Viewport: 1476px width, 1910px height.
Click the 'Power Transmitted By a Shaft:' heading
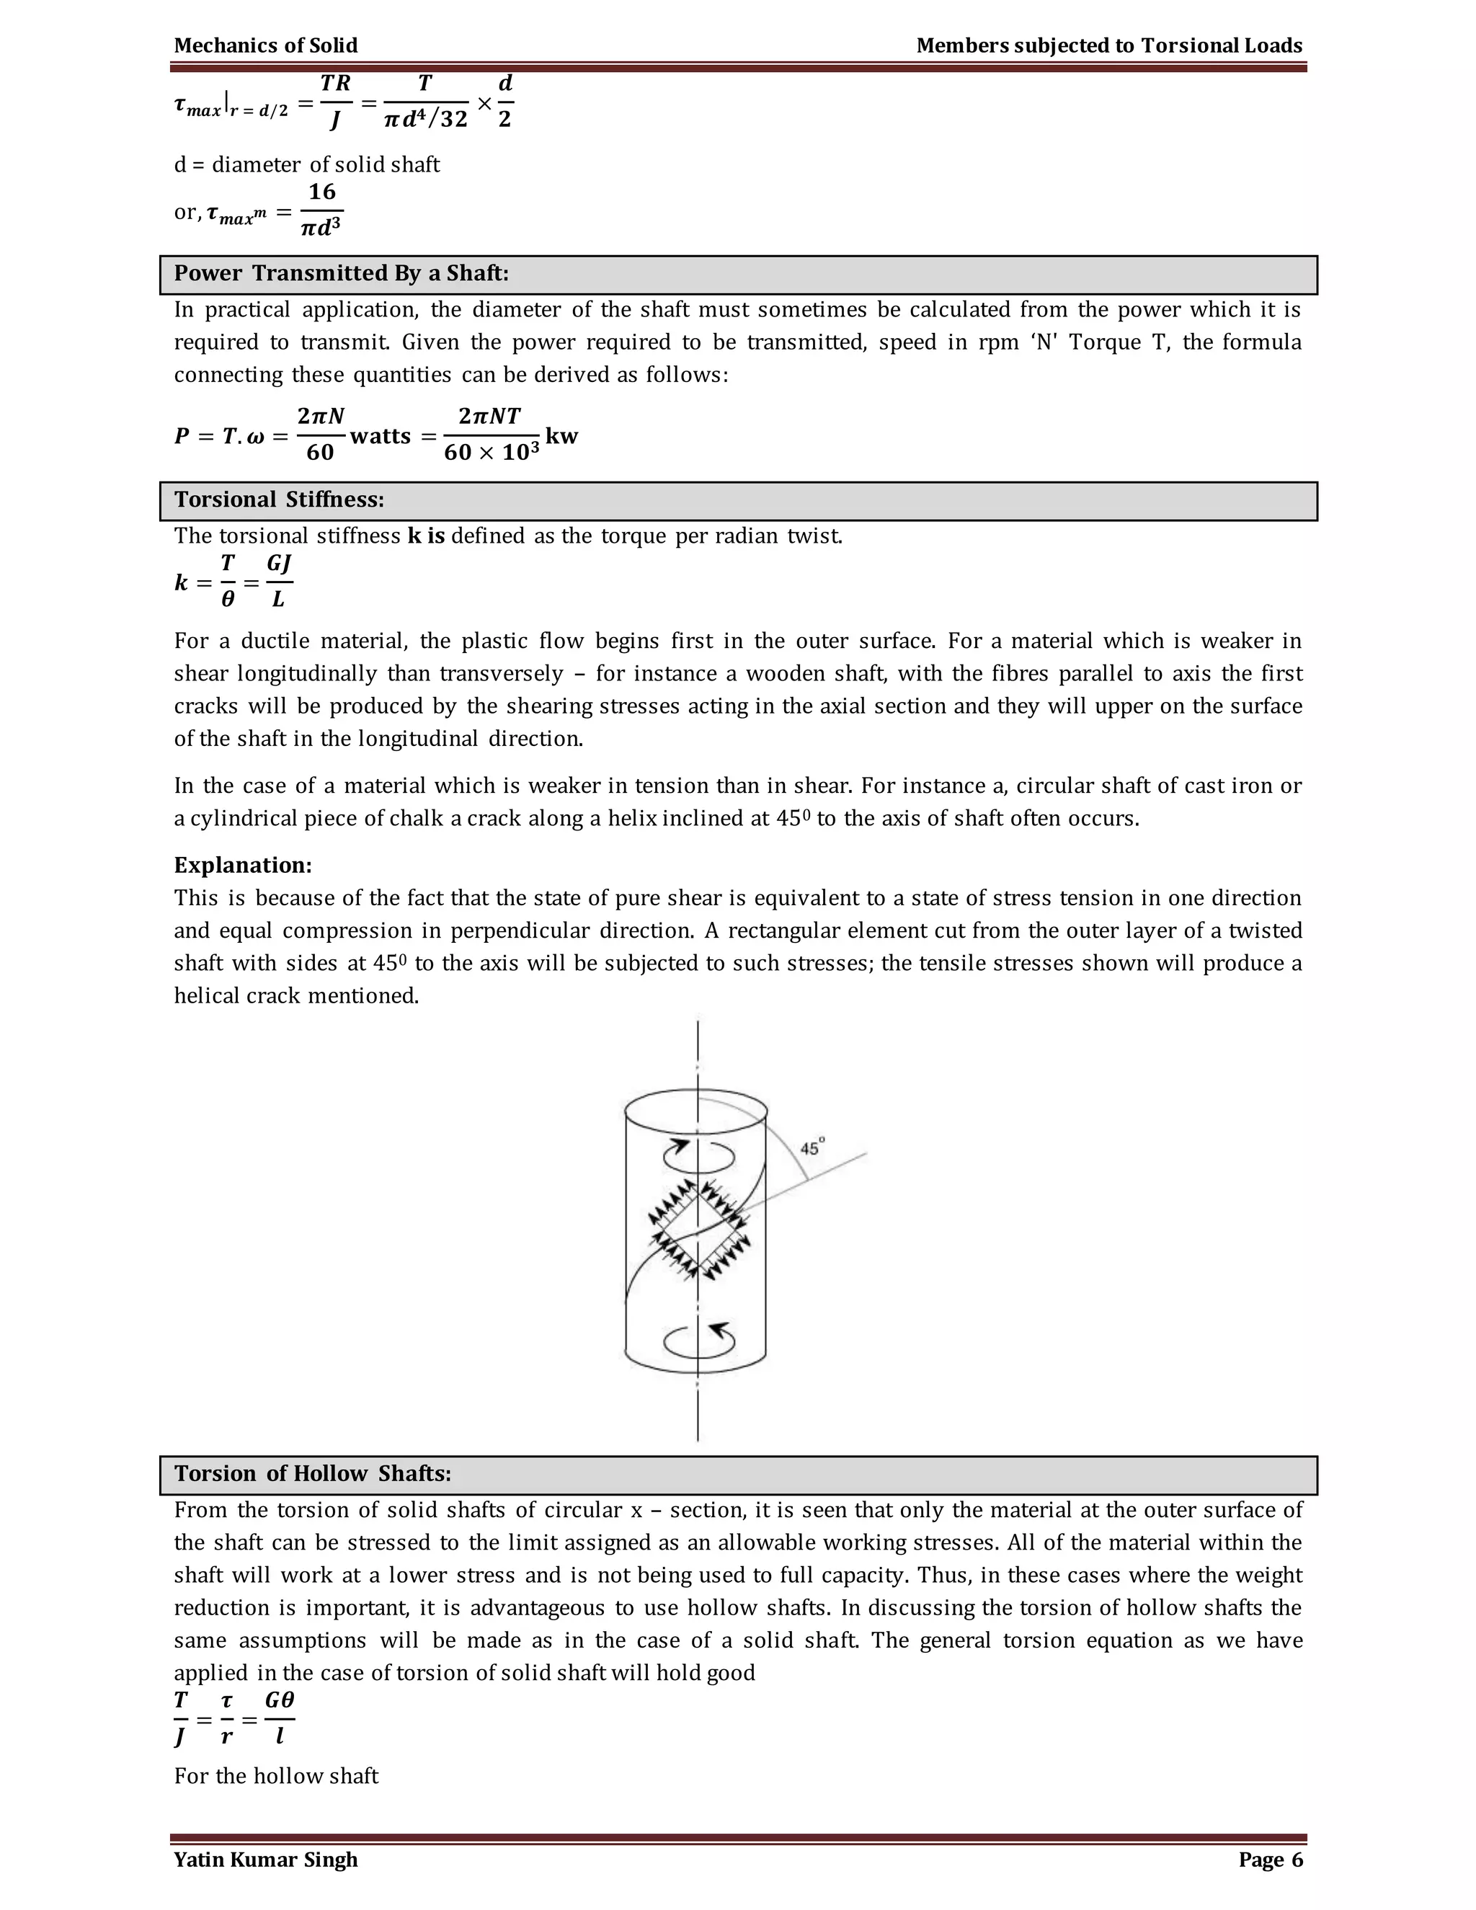pyautogui.click(x=341, y=274)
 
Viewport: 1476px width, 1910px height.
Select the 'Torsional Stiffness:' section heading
pyautogui.click(x=279, y=500)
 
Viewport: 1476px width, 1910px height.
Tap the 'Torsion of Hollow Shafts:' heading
pyautogui.click(x=312, y=1474)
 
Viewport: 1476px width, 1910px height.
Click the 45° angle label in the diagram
pyautogui.click(x=812, y=1147)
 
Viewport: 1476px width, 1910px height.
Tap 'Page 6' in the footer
pyautogui.click(x=1270, y=1860)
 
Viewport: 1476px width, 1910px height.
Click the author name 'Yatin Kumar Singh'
pyautogui.click(x=266, y=1860)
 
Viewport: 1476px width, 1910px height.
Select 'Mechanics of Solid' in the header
pyautogui.click(x=266, y=45)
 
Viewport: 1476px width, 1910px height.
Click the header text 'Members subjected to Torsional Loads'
pyautogui.click(x=1108, y=45)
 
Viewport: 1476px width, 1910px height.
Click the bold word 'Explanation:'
pyautogui.click(x=243, y=865)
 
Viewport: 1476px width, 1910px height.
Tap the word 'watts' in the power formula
pyautogui.click(x=381, y=436)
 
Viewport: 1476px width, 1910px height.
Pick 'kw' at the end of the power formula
pyautogui.click(x=561, y=435)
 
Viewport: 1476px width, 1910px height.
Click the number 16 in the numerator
pyautogui.click(x=321, y=192)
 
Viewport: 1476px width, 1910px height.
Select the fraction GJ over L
pyautogui.click(x=279, y=582)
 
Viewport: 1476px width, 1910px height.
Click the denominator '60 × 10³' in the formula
pyautogui.click(x=492, y=452)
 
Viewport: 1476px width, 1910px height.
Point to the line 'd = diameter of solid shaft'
pyautogui.click(x=306, y=164)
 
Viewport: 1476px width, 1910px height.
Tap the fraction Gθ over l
pyautogui.click(x=279, y=1718)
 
